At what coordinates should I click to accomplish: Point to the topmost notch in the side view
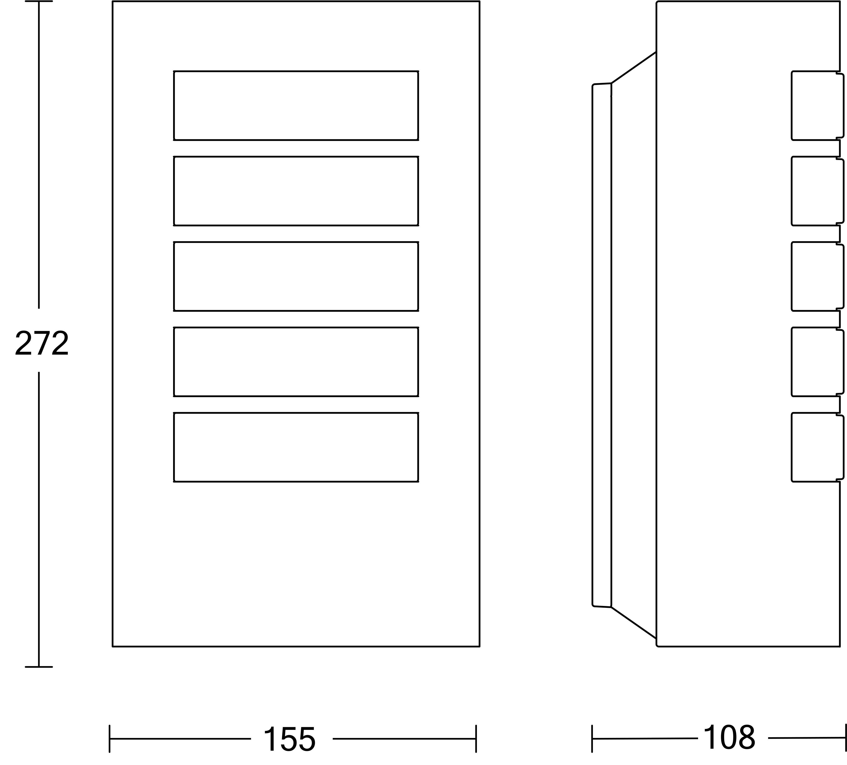[x=792, y=105]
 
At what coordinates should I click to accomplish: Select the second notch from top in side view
[x=792, y=191]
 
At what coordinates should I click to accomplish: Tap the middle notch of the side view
[x=792, y=276]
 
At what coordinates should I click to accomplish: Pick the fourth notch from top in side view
[x=792, y=361]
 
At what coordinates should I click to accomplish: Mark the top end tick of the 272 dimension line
[x=39, y=1]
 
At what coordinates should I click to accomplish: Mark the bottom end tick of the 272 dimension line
[x=39, y=667]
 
